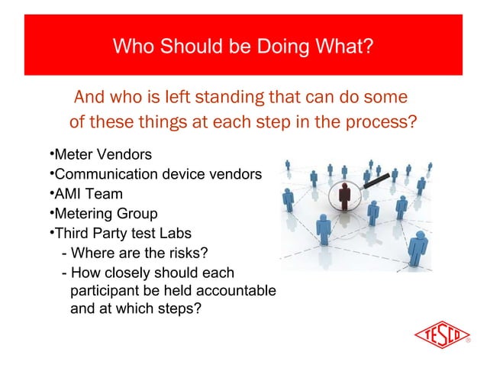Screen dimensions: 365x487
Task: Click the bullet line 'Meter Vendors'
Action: pyautogui.click(x=101, y=156)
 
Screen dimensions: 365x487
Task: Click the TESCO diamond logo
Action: pyautogui.click(x=441, y=335)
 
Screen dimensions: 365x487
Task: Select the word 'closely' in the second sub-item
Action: pyautogui.click(x=131, y=273)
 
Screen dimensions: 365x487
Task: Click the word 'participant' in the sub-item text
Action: pyautogui.click(x=104, y=291)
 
